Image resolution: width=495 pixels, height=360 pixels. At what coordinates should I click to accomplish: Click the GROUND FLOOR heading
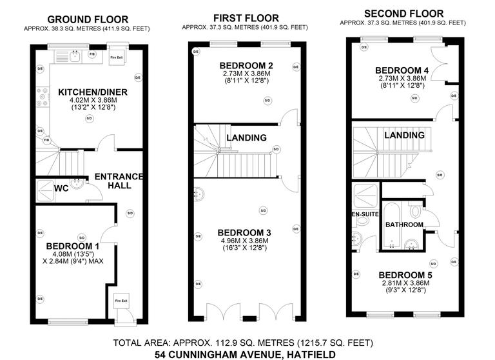[88, 19]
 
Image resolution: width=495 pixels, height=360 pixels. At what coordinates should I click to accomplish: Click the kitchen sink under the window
[73, 55]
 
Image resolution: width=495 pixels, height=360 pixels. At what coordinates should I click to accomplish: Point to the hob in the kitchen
[43, 97]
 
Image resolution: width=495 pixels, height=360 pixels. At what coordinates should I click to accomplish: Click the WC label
[62, 189]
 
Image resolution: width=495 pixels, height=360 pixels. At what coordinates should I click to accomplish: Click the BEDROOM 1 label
[72, 246]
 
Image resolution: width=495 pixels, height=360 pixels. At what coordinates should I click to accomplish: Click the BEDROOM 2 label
[246, 66]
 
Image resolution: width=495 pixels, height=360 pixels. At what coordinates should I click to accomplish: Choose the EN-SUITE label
[364, 214]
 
